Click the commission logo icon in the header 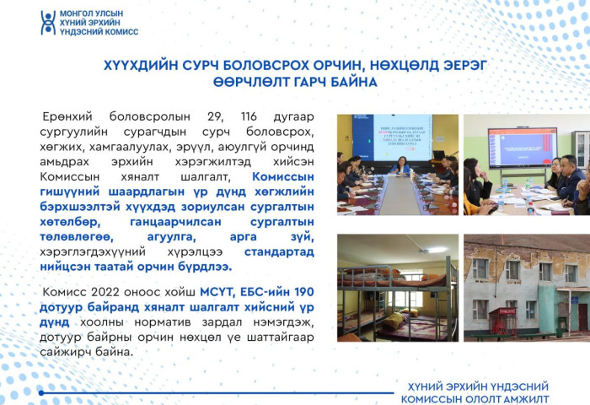(48, 22)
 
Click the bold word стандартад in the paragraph (281, 252)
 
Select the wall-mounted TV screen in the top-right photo (522, 147)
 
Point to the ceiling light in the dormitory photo (436, 250)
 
